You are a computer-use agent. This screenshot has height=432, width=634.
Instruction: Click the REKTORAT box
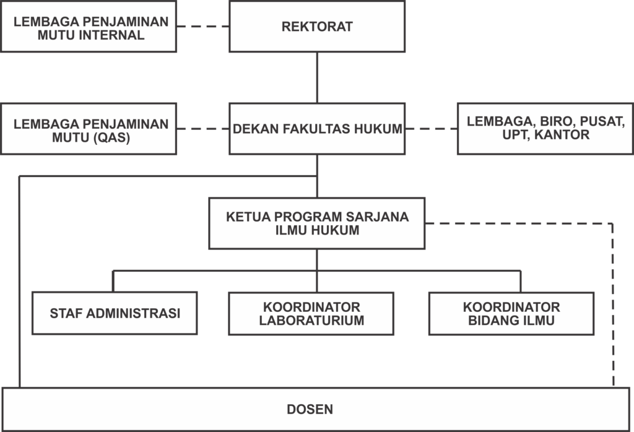click(x=317, y=26)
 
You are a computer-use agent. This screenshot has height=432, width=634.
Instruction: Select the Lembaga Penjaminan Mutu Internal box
click(x=89, y=26)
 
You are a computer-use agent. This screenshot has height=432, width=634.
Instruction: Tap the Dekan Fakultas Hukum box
click(x=317, y=129)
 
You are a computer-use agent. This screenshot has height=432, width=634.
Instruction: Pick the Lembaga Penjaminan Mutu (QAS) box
click(x=89, y=129)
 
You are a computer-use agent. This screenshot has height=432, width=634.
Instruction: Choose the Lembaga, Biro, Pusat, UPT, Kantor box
click(x=545, y=129)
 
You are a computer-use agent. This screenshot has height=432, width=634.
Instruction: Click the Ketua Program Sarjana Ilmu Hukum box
click(x=317, y=223)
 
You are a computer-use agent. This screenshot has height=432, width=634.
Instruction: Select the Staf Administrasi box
click(x=115, y=313)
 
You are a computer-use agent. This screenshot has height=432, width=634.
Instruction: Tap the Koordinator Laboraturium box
click(x=311, y=314)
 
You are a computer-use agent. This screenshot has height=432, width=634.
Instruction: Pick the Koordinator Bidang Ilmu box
click(x=511, y=314)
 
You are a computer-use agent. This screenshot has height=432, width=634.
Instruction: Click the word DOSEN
click(x=310, y=409)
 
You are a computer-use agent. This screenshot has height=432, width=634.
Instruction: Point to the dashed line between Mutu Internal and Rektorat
click(x=203, y=26)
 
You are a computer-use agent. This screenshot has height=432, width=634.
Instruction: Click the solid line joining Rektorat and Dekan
click(x=317, y=77)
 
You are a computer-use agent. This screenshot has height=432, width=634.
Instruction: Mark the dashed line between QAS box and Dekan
click(x=203, y=129)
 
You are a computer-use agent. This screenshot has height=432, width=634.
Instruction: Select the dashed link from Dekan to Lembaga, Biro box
click(x=431, y=129)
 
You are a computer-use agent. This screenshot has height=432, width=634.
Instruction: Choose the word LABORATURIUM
click(x=312, y=320)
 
